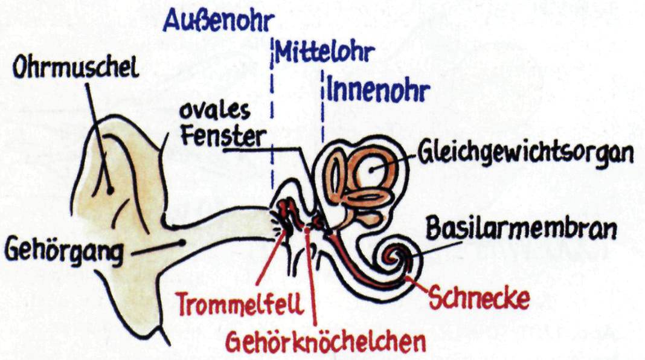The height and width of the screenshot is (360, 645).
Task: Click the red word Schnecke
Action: (x=480, y=298)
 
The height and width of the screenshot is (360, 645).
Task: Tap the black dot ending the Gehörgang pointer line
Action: (x=182, y=242)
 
